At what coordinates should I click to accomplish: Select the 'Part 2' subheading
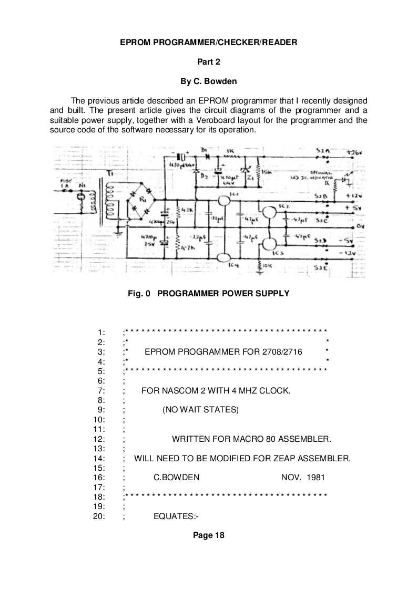click(208, 61)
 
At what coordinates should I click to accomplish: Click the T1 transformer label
click(109, 173)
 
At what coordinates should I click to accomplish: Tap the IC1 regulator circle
click(223, 200)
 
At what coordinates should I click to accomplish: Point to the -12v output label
click(346, 253)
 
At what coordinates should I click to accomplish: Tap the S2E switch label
click(319, 268)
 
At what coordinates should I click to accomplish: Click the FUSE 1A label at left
click(64, 182)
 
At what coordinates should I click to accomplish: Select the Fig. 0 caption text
click(208, 294)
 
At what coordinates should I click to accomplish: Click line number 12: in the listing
click(99, 439)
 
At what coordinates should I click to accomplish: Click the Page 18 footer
click(208, 535)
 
